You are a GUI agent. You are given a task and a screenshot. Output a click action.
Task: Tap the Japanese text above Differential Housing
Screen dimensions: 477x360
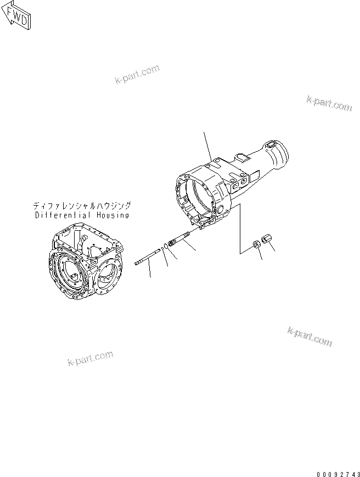tap(82, 206)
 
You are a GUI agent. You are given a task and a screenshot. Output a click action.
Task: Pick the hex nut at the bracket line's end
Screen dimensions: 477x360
tap(256, 245)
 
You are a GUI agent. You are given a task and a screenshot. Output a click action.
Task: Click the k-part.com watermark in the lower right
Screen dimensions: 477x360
tap(310, 337)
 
